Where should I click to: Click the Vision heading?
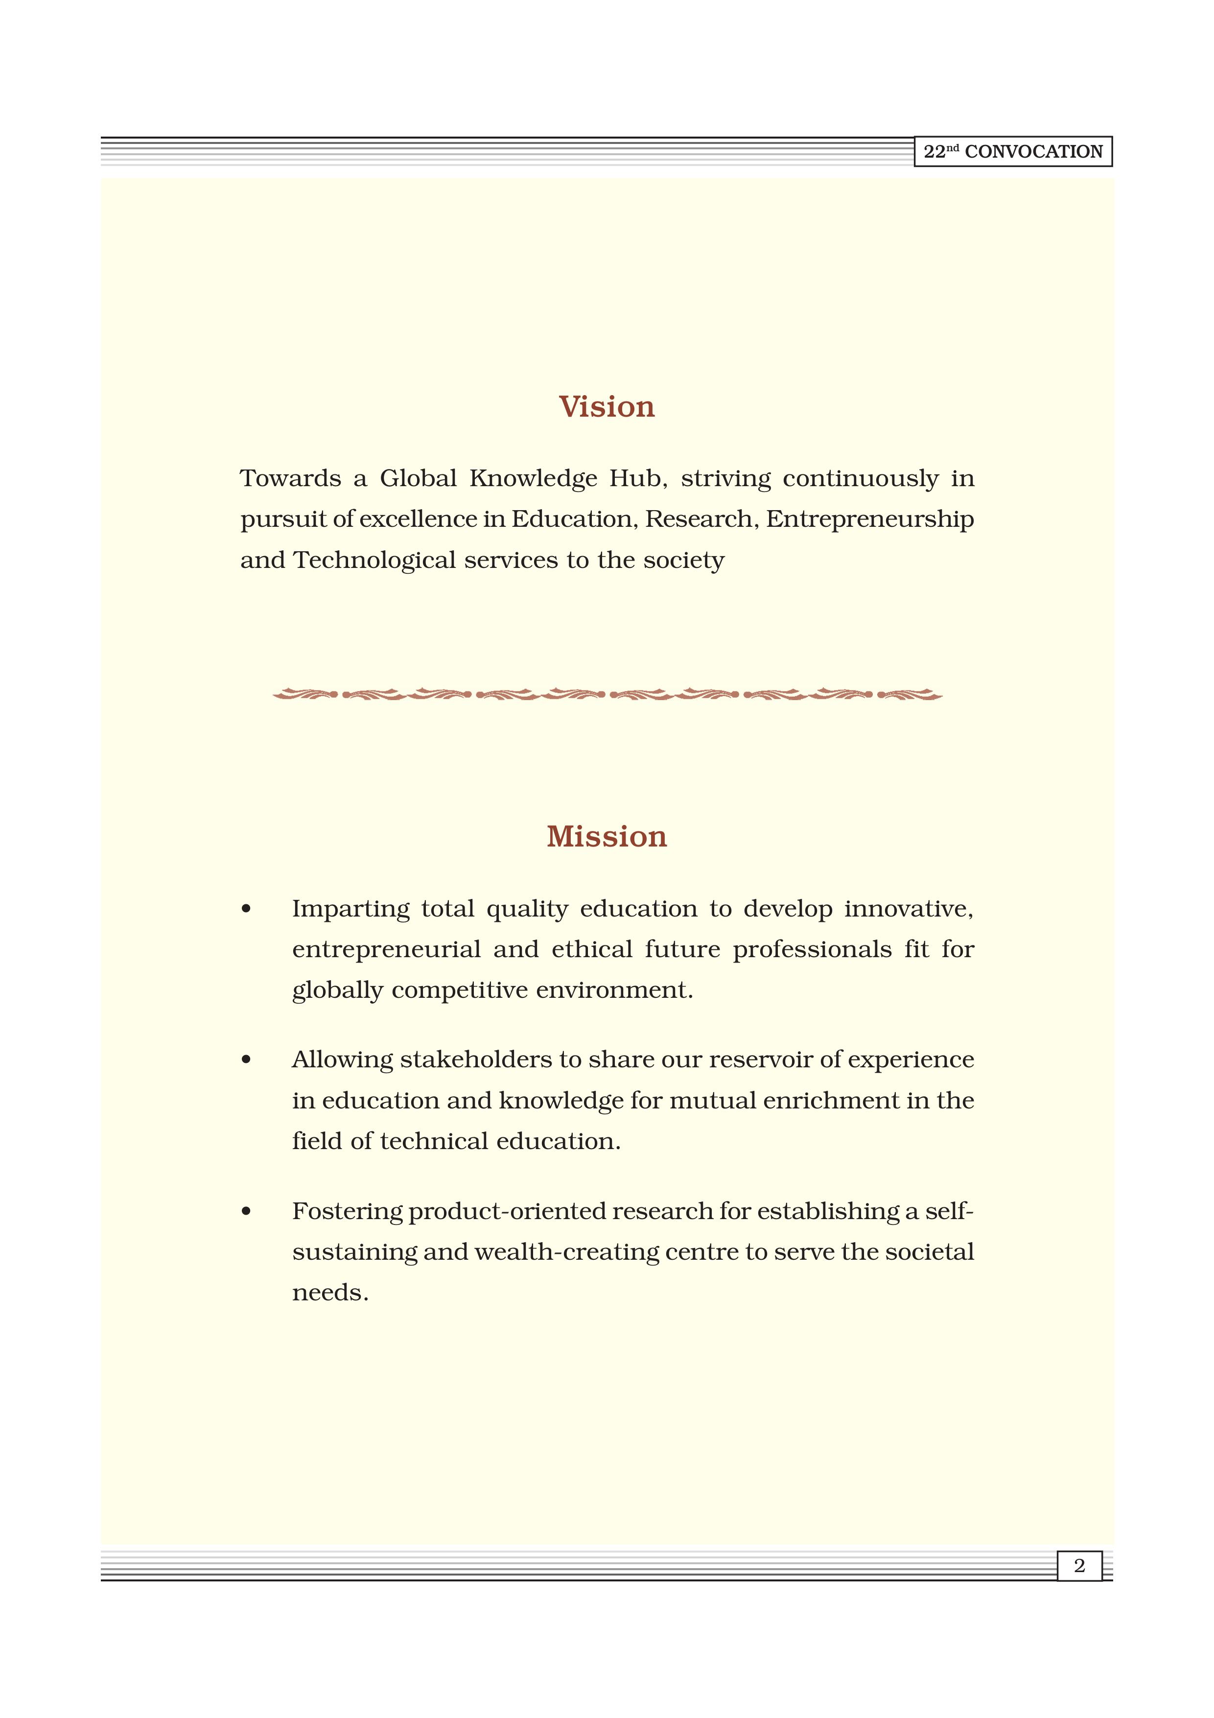[x=607, y=407]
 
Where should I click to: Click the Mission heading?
[x=607, y=837]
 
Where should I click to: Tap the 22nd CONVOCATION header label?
[x=1013, y=152]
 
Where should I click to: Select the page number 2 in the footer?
[x=1079, y=1565]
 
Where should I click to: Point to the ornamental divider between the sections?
[x=607, y=694]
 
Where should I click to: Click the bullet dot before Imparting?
[x=246, y=910]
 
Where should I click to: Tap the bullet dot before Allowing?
[x=246, y=1060]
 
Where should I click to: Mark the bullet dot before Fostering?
[x=246, y=1211]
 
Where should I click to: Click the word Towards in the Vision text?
[x=290, y=478]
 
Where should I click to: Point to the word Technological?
[x=374, y=561]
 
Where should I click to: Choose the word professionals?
[x=812, y=949]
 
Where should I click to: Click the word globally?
[x=337, y=990]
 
